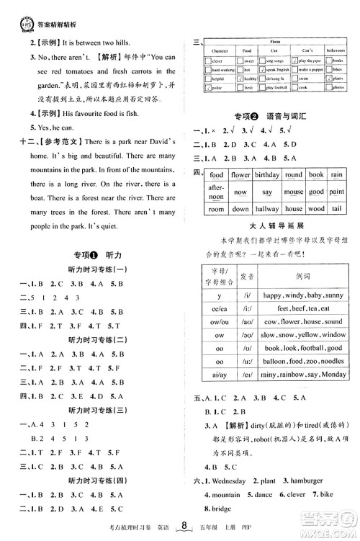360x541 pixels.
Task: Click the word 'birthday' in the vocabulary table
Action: (x=266, y=175)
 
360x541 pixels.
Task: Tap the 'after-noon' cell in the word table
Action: (x=216, y=192)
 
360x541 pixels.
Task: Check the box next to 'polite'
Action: (x=207, y=87)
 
